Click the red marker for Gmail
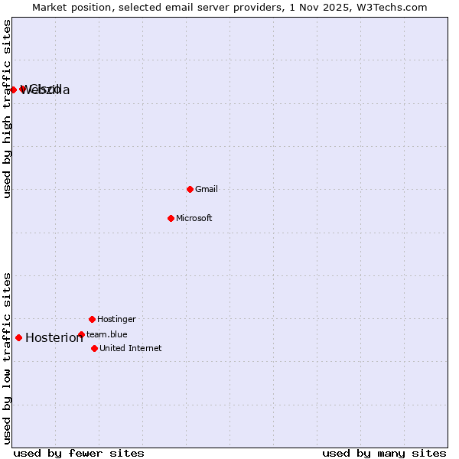coord(190,189)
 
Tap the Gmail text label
coord(207,189)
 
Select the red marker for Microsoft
coord(171,218)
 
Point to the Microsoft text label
coord(194,218)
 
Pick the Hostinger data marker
coord(92,319)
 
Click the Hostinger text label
coord(116,319)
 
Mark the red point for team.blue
coord(81,334)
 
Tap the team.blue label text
coord(107,334)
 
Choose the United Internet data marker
coord(94,348)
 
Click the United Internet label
coord(131,348)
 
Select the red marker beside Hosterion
coord(18,337)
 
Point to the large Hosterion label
coord(54,337)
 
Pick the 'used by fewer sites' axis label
coord(79,453)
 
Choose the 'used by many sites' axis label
coord(384,453)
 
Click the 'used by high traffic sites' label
coord(7,109)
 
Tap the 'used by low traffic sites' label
coord(7,358)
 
